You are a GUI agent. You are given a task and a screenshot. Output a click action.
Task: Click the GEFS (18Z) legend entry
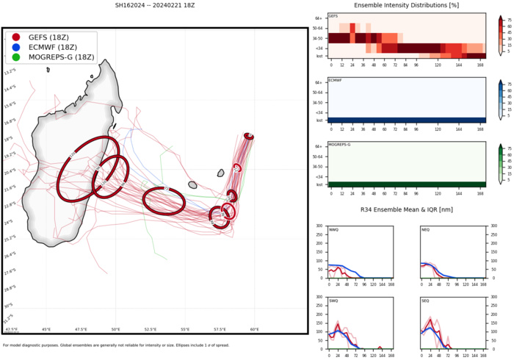[x=48, y=37]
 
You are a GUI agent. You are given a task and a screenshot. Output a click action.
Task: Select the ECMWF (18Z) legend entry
[x=51, y=47]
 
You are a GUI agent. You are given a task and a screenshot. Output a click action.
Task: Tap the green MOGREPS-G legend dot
[x=16, y=57]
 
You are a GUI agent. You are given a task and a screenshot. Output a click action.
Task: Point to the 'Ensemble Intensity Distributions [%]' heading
[x=405, y=5]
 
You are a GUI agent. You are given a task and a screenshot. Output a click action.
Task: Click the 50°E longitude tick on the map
[x=115, y=329]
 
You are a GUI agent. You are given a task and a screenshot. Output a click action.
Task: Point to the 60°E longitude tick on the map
[x=254, y=329]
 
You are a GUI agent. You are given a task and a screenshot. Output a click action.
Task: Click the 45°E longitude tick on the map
[x=46, y=329]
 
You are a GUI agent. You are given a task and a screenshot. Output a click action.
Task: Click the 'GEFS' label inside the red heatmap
[x=333, y=16]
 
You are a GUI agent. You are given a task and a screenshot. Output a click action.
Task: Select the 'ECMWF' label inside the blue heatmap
[x=335, y=80]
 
